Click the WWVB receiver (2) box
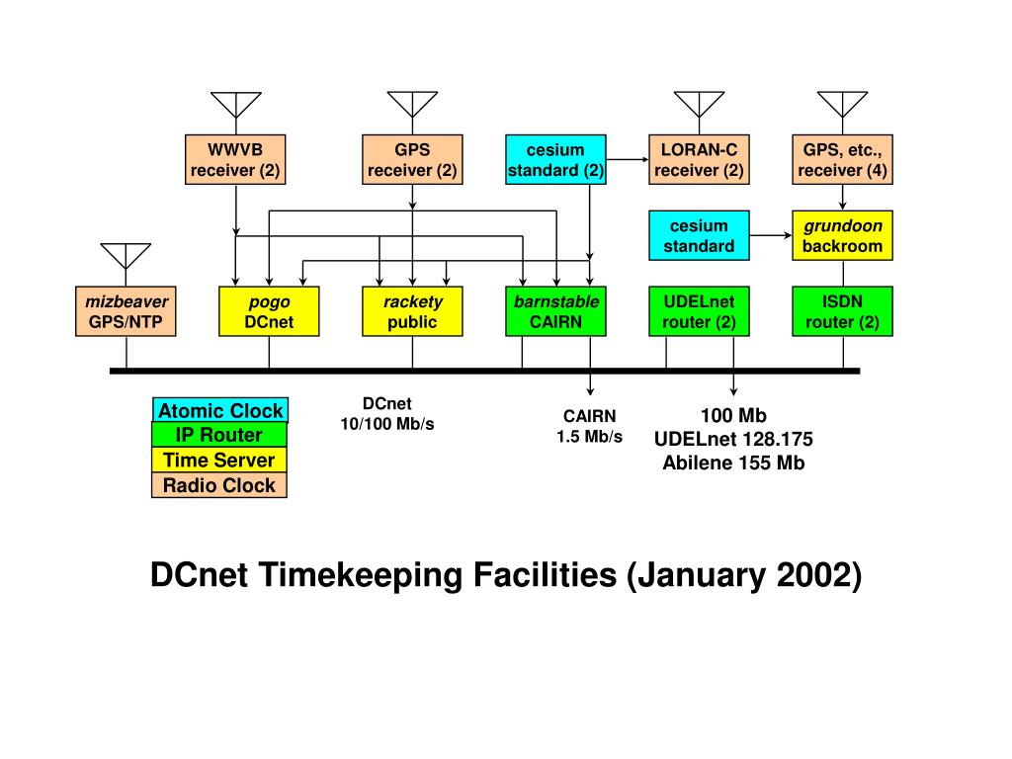[x=235, y=160]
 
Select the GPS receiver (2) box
[x=412, y=160]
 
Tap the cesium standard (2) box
[x=555, y=160]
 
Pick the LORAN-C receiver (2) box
[x=699, y=160]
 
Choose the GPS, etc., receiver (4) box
[x=842, y=160]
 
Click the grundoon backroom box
[x=842, y=235]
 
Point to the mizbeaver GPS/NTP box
[x=126, y=311]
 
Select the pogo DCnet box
[x=269, y=311]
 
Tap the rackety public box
[x=412, y=311]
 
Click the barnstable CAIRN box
[x=555, y=311]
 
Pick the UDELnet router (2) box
[x=699, y=311]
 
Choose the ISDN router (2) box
[x=842, y=311]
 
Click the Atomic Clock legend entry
[x=220, y=411]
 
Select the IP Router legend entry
[x=219, y=435]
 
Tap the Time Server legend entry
[x=219, y=460]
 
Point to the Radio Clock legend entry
[x=219, y=485]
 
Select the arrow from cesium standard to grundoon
[x=772, y=235]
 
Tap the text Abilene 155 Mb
[x=733, y=463]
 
